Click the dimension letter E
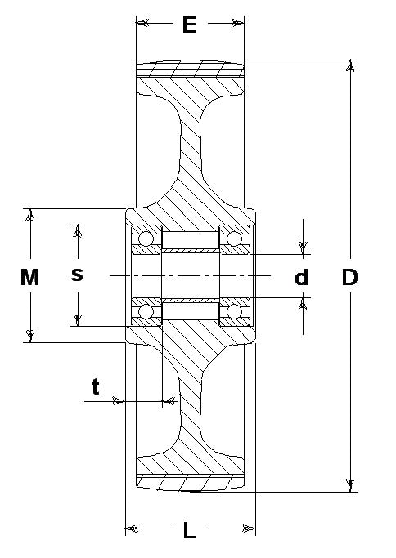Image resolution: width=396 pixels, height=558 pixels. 190,25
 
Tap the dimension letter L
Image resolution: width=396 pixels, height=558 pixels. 190,530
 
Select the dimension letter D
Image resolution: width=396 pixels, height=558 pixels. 349,277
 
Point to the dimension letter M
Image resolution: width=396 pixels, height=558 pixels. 29,277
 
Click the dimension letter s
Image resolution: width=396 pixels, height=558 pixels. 77,275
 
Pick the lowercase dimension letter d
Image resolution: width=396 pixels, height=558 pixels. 302,277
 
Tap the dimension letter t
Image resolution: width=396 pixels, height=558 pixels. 95,386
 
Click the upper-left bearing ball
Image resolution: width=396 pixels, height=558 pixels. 146,239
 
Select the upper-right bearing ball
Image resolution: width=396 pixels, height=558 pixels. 234,239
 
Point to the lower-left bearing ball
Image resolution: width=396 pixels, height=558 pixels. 146,312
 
